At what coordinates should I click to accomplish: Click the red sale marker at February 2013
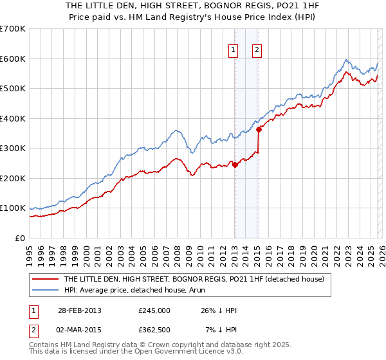(235, 165)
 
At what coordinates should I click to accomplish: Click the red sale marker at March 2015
(259, 129)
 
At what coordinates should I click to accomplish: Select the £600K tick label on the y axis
(13, 59)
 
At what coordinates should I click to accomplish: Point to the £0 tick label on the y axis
(19, 238)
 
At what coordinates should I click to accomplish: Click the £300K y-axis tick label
(13, 148)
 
